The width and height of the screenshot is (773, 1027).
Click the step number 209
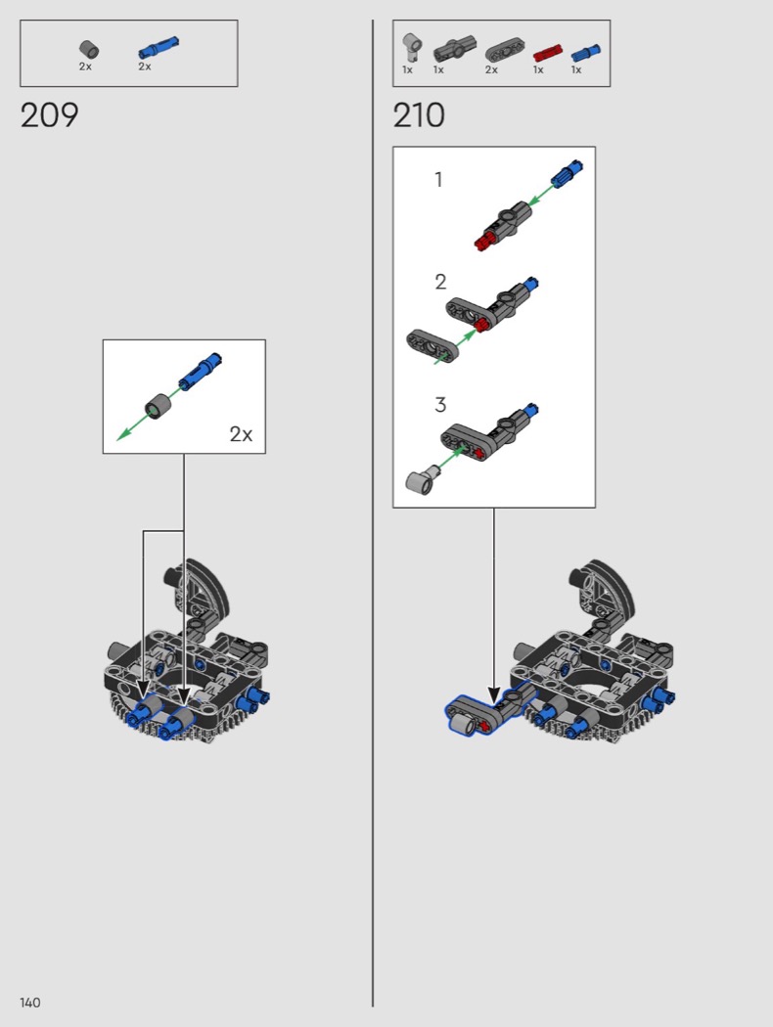click(49, 115)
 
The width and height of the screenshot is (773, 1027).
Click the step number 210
click(419, 115)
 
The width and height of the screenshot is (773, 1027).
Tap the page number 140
click(30, 1003)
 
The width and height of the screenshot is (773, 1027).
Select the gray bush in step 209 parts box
click(88, 49)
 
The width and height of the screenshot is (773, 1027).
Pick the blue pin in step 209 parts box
click(158, 48)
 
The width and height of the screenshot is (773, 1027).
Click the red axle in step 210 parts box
click(547, 53)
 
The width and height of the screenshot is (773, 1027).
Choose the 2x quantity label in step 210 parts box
click(491, 69)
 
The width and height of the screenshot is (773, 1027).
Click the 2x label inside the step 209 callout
click(241, 433)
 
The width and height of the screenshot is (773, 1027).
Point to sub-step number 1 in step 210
click(439, 179)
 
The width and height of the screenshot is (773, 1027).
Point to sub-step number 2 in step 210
click(440, 282)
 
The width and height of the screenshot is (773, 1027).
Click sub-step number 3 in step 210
click(440, 405)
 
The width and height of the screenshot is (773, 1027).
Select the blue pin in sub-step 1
click(568, 173)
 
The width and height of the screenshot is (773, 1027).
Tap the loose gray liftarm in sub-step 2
click(432, 344)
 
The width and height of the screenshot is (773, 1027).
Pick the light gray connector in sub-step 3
click(422, 479)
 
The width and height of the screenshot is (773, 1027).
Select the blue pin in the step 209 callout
click(201, 371)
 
